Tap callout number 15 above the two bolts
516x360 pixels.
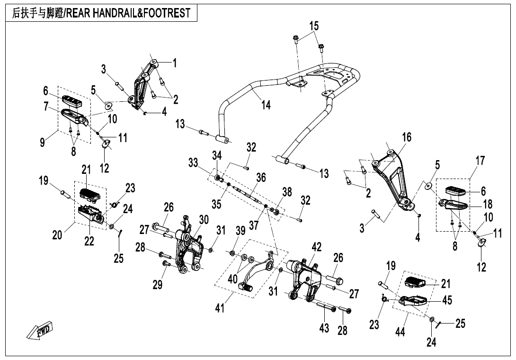tap(314, 26)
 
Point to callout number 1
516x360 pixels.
tap(174, 63)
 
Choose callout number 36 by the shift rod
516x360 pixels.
tap(261, 178)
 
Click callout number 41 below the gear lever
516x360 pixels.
tap(220, 309)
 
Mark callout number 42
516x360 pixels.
tap(317, 247)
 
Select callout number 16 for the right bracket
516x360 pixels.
tap(407, 137)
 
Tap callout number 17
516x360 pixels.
tap(480, 161)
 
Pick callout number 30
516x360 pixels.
tap(204, 219)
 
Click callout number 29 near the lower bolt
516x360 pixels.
tap(158, 284)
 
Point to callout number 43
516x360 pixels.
tap(324, 328)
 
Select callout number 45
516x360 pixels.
tap(447, 300)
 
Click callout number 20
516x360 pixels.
tap(57, 234)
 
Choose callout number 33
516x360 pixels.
tap(193, 163)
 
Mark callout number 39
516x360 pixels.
tap(240, 231)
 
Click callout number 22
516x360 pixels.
tap(89, 241)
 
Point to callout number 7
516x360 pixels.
tap(46, 107)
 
